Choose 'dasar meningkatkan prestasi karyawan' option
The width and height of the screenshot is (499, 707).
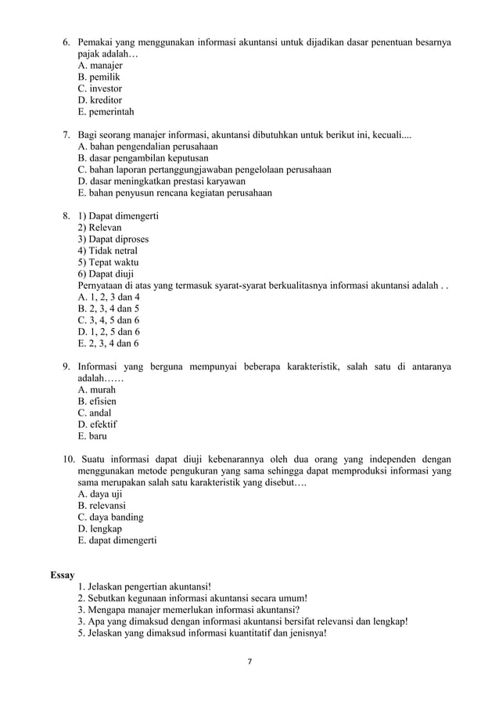point(161,181)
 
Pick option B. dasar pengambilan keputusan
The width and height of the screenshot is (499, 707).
point(142,157)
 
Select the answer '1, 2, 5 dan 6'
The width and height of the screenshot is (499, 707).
point(109,331)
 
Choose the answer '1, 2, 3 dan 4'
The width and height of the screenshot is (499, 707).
point(109,297)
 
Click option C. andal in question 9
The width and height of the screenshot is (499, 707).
point(95,413)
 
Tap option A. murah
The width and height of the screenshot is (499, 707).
point(97,389)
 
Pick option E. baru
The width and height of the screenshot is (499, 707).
point(92,436)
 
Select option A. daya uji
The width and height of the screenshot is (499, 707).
point(100,494)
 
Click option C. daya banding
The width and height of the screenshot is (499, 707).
point(110,518)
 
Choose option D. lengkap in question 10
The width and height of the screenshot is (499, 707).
point(99,529)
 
